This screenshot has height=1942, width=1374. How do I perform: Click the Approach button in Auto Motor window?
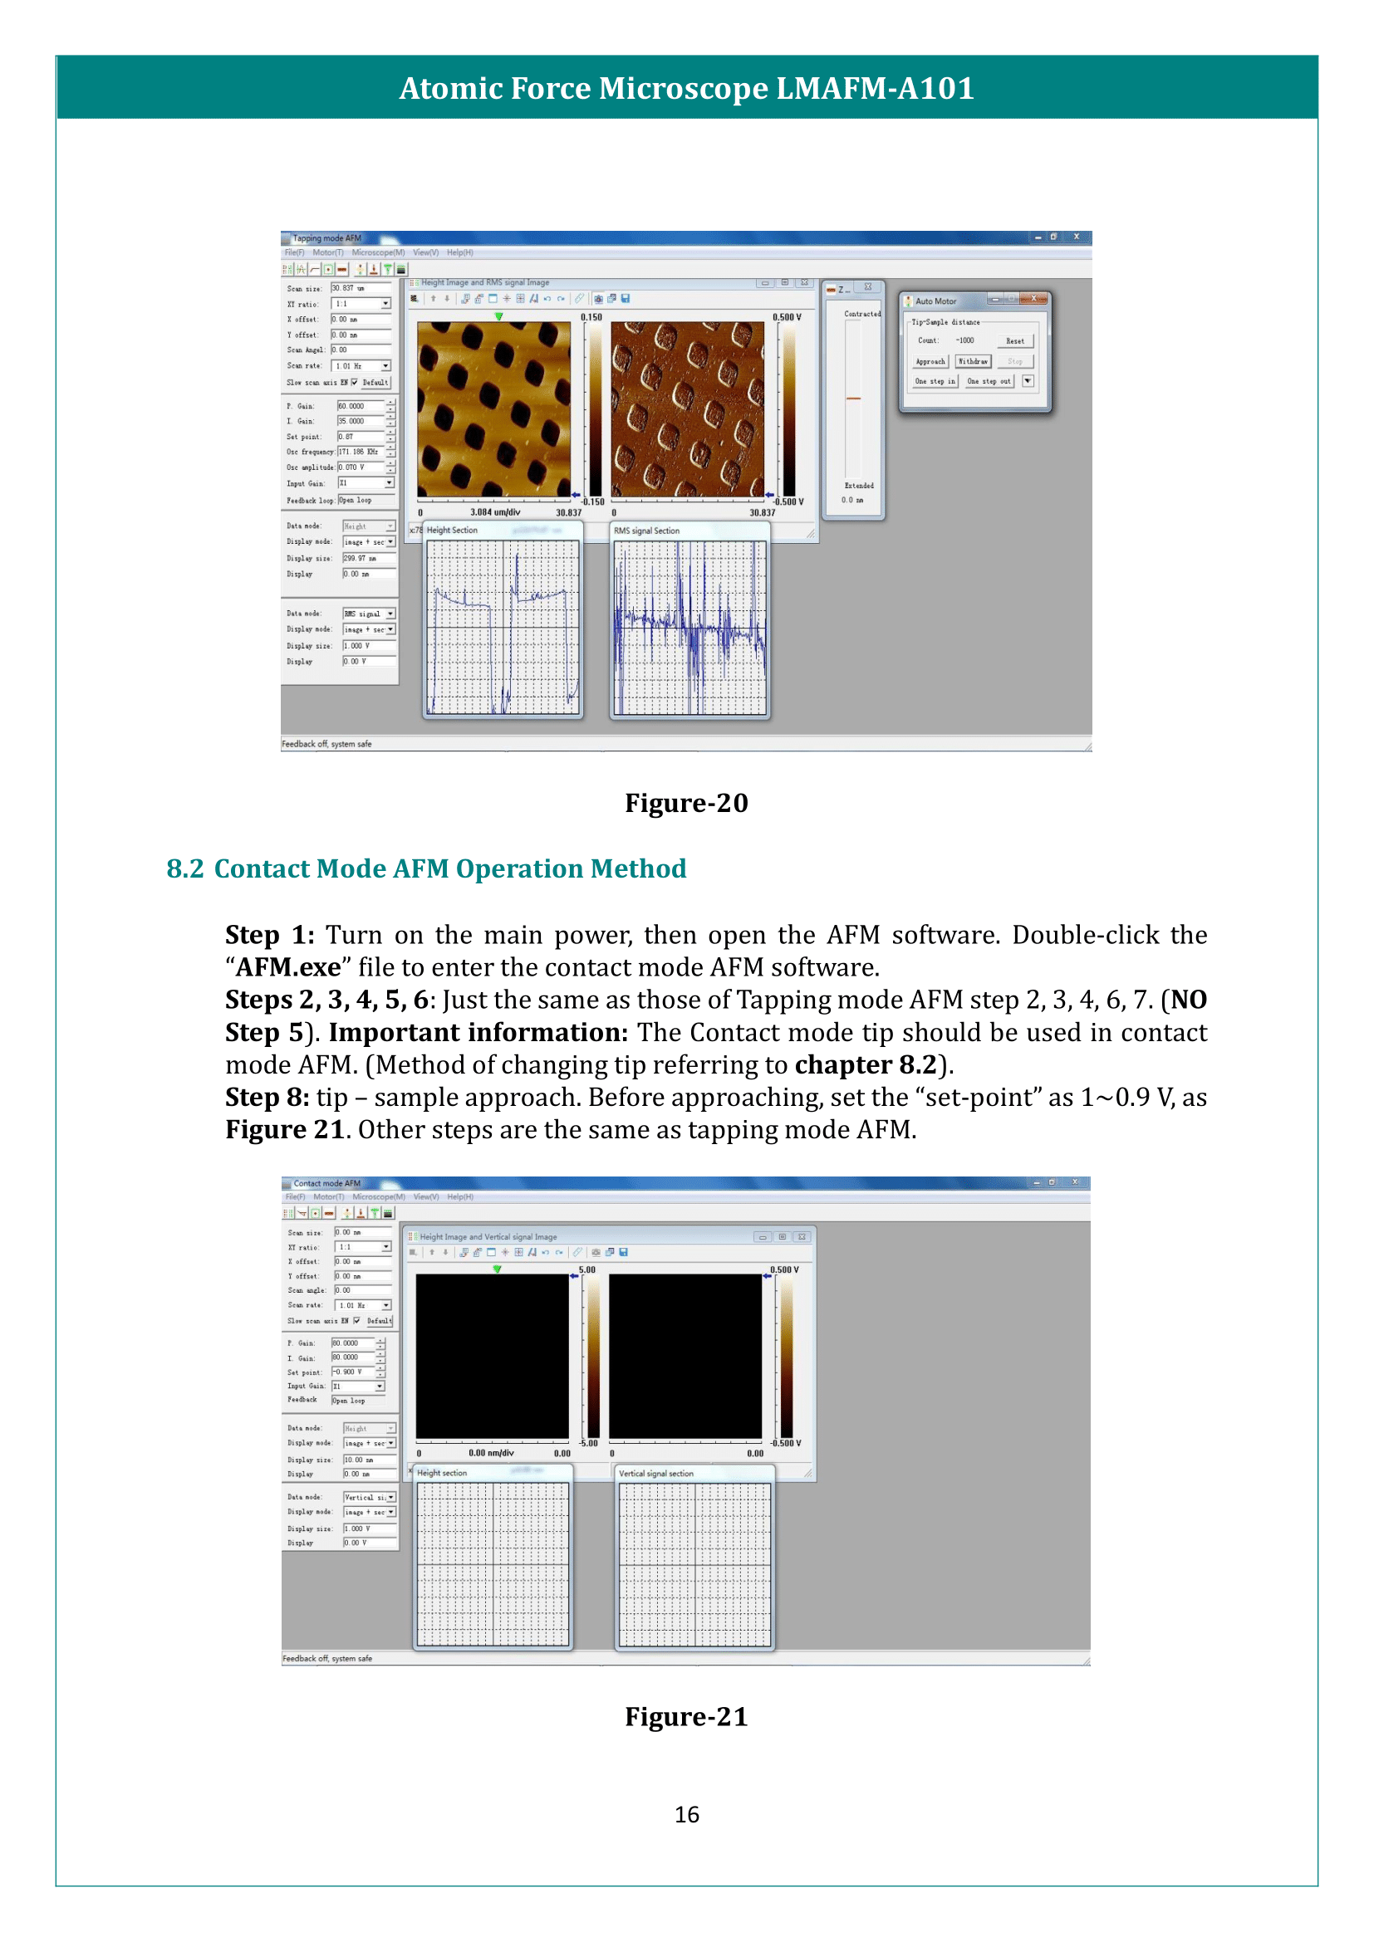930,361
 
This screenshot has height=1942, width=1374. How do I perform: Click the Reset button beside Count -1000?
1014,341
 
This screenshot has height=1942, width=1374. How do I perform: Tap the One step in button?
934,381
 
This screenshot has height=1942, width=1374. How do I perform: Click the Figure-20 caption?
686,803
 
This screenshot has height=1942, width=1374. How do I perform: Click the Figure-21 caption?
686,1716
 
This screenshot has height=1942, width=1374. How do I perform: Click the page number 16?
686,1814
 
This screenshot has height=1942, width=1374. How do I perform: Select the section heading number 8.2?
184,868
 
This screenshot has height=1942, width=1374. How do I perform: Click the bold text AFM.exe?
287,966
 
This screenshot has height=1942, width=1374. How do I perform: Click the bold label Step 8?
267,1097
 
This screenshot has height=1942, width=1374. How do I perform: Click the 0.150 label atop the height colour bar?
591,317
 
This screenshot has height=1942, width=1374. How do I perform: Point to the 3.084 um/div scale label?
495,512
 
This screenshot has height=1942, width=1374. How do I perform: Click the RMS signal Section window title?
646,531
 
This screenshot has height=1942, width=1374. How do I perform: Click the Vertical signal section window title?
655,1474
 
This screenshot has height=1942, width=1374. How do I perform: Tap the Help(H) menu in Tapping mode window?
459,253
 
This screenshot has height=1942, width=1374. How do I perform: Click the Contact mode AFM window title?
326,1183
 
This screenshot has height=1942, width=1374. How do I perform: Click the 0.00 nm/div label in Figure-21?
491,1453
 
